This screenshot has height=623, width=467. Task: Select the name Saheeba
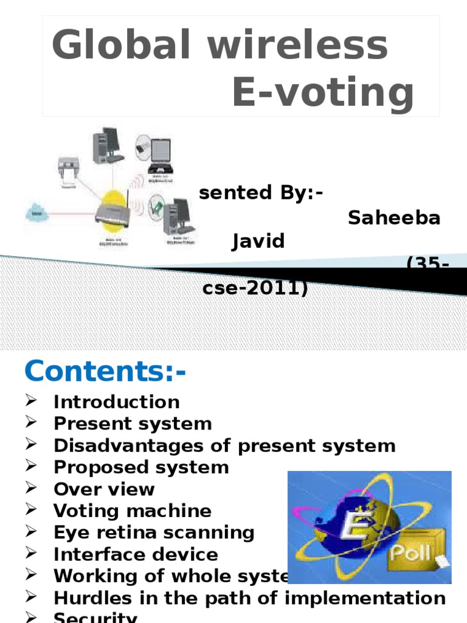coord(394,218)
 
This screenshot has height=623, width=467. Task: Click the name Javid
coord(258,242)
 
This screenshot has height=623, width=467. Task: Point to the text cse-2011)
coord(255,288)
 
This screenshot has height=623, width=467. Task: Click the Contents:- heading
coord(105,371)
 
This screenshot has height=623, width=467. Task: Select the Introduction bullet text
coord(117,402)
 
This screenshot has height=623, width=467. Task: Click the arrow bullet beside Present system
coord(32,423)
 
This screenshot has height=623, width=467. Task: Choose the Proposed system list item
coord(141,467)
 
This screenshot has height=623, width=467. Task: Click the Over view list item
coord(104,489)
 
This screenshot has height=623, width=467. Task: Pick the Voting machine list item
coord(133,511)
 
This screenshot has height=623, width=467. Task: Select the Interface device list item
coord(136,555)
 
